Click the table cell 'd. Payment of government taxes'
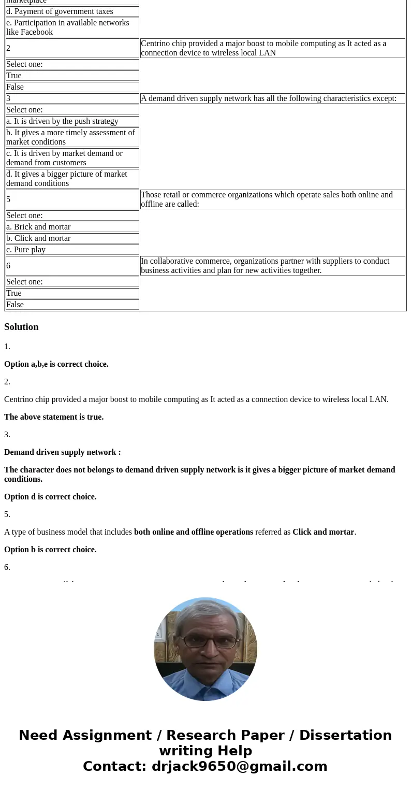pos(72,11)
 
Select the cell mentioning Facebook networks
pos(72,27)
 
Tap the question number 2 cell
pos(72,48)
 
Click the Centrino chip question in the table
pos(272,48)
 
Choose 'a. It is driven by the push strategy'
pos(72,121)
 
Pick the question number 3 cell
pos(72,98)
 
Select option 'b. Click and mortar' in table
pos(72,238)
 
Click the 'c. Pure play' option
pos(72,250)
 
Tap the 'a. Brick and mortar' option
pos(72,227)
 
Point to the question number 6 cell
pos(72,266)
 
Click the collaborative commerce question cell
pos(272,266)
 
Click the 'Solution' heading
pos(21,327)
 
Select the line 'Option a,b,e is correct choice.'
pos(56,364)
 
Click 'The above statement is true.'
pos(54,417)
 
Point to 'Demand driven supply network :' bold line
pos(63,452)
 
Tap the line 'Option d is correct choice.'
pos(50,497)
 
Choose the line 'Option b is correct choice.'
pos(50,550)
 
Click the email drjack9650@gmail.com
pos(239,767)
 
